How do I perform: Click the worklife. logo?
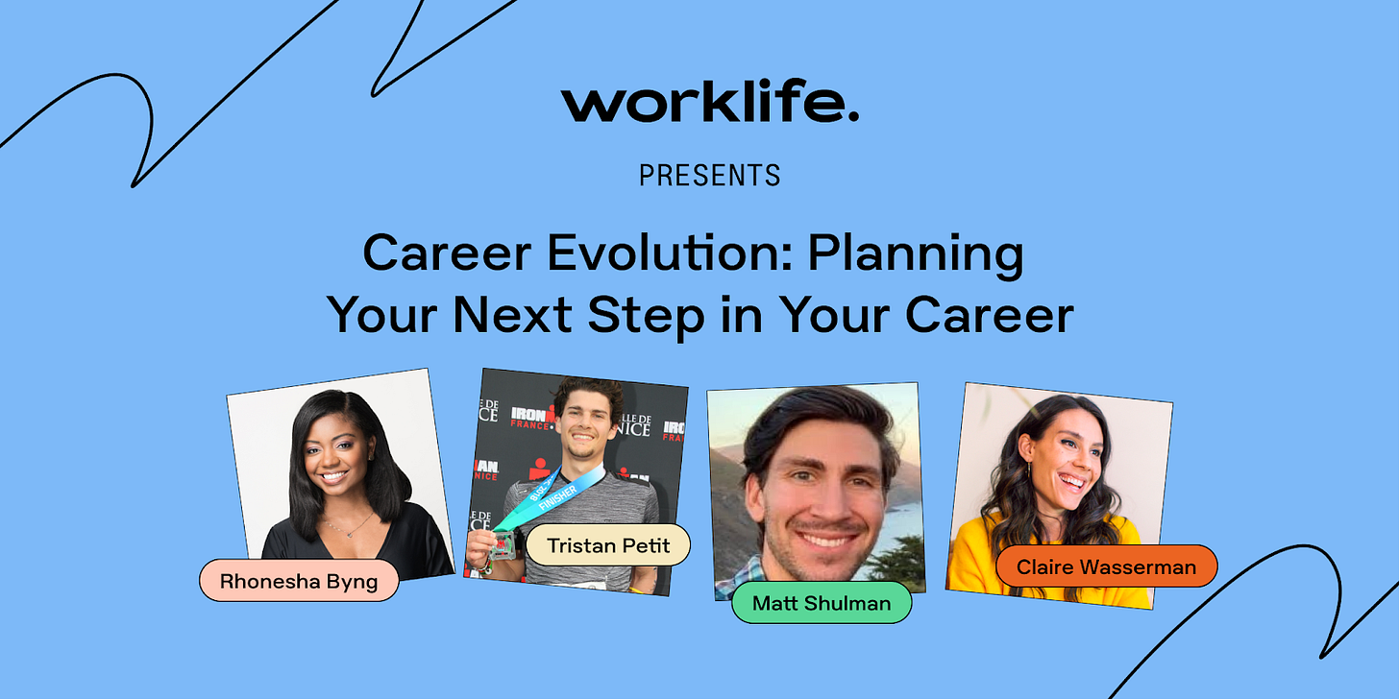(709, 101)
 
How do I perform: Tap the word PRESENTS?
(709, 176)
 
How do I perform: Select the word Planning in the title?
(916, 255)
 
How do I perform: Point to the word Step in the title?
(646, 317)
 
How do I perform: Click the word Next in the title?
(512, 315)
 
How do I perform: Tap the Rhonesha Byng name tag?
(299, 581)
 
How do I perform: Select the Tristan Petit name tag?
(608, 545)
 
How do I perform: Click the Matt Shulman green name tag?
(822, 603)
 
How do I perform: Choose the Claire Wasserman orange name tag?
(1106, 566)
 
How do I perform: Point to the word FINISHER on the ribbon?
(557, 497)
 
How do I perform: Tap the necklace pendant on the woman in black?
(351, 534)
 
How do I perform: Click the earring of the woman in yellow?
(1029, 470)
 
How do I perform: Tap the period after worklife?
(853, 115)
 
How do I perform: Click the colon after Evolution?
(786, 257)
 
